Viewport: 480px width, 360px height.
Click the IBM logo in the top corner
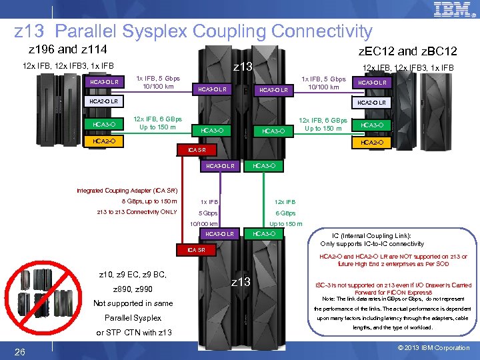tap(452, 10)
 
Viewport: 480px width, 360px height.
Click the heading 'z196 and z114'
tap(68, 49)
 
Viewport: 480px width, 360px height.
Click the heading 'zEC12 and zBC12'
tap(407, 51)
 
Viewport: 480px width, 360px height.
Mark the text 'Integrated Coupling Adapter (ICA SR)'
tap(127, 191)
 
